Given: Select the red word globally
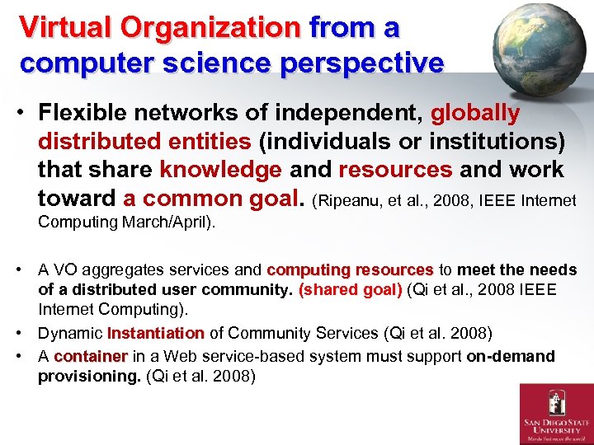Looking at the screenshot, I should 476,113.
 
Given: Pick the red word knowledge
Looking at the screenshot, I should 220,170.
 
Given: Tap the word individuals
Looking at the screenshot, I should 319,142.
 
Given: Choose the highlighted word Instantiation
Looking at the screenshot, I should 155,334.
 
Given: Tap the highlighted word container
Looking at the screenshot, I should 91,357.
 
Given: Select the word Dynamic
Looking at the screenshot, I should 71,334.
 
